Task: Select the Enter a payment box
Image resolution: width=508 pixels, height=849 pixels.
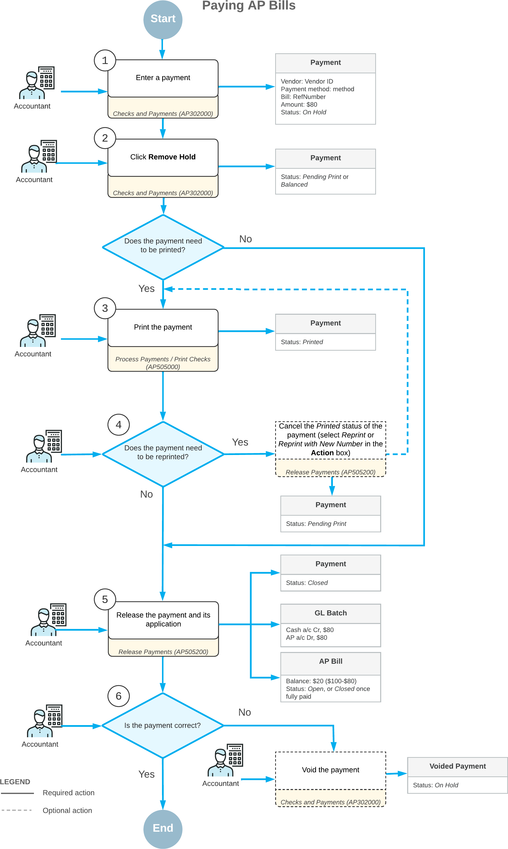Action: [x=163, y=78]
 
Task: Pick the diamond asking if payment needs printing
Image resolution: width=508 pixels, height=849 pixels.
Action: [x=163, y=247]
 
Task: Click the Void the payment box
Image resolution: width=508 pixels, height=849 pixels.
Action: [x=330, y=770]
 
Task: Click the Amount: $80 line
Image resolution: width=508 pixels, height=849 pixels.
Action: [x=299, y=105]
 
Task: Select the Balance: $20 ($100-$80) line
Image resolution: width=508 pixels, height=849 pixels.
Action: [x=321, y=681]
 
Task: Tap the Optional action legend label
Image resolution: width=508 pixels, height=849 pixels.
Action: [x=67, y=810]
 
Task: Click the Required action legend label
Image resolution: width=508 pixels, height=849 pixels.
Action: [x=68, y=792]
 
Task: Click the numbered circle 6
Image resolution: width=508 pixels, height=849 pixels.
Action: [x=118, y=696]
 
